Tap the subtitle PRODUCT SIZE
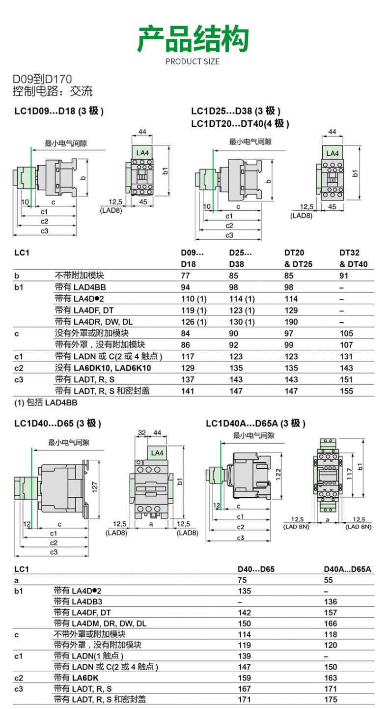pos(193,61)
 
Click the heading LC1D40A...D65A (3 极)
pos(255,423)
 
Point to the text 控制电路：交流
pos(53,91)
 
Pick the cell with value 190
pos(291,322)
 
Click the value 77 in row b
pos(186,276)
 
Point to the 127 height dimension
pos(96,486)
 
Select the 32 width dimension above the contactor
pos(142,433)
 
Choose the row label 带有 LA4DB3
pos(78,601)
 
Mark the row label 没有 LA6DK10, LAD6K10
pos(103,368)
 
